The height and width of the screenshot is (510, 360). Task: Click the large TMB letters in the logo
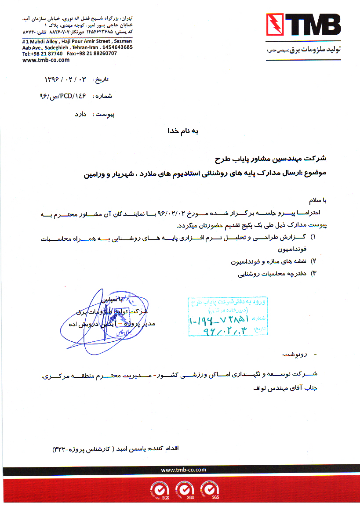coord(313,26)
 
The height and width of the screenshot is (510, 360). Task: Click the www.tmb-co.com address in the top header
coord(46,60)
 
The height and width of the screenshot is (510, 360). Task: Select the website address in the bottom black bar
coord(184,470)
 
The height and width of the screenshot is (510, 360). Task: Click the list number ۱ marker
coord(313,237)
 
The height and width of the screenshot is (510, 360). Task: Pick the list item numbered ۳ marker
coord(313,273)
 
